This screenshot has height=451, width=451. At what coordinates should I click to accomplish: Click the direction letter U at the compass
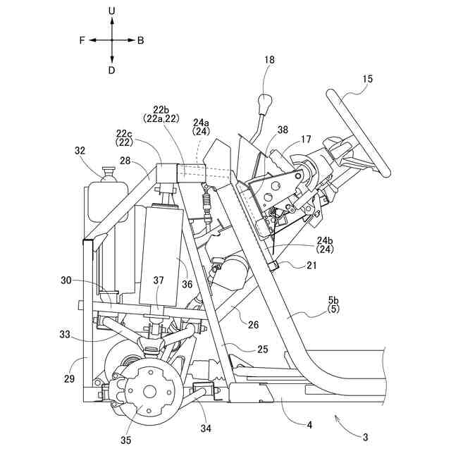click(x=112, y=11)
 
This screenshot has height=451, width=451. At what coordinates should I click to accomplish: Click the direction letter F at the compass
click(x=82, y=41)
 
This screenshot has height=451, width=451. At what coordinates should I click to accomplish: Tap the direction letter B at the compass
click(x=141, y=41)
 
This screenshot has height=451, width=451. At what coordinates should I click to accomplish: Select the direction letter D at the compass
click(x=112, y=70)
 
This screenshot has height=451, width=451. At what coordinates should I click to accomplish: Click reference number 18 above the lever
click(x=269, y=61)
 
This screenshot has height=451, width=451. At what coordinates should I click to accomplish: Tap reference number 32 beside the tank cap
click(x=80, y=150)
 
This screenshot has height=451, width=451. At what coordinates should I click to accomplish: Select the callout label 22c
click(x=124, y=133)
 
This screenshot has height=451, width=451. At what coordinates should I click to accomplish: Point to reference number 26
click(x=254, y=325)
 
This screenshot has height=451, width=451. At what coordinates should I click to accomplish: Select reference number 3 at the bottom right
click(x=365, y=436)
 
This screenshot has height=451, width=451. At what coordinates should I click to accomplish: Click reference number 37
click(x=159, y=281)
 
